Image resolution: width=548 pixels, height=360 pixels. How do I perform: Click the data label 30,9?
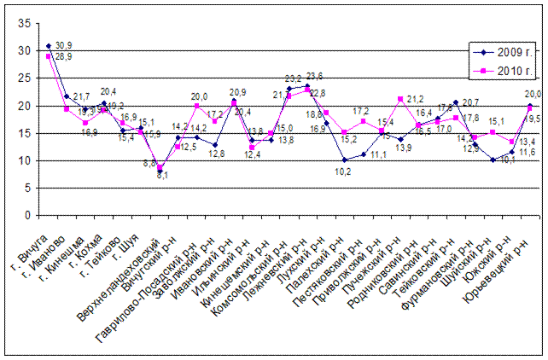coord(63,44)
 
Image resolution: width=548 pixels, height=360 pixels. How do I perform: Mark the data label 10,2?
coord(342,171)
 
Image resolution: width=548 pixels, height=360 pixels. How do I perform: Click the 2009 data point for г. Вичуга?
coord(49,46)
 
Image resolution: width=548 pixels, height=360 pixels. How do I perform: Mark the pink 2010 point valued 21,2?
coord(399,100)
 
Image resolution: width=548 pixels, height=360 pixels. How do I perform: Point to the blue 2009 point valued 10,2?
coord(343,160)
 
